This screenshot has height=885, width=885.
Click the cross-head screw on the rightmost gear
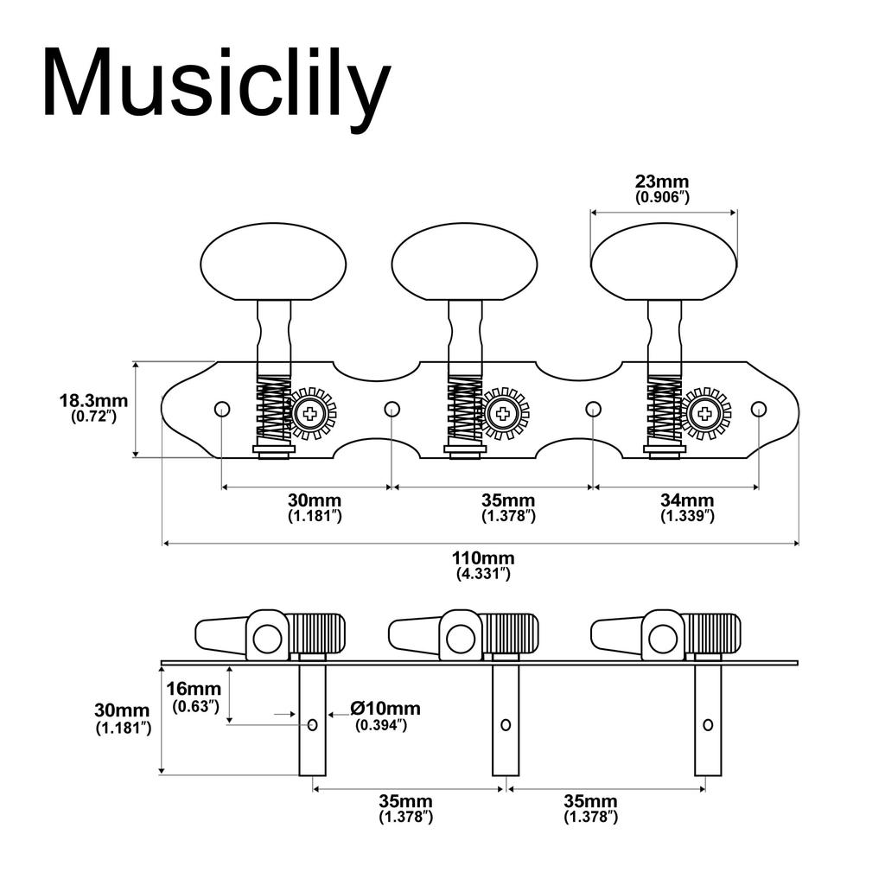pyautogui.click(x=705, y=413)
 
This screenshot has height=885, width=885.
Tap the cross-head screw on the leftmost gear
pyautogui.click(x=309, y=413)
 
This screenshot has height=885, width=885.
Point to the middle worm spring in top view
pyautogui.click(x=465, y=411)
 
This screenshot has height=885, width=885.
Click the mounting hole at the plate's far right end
pyautogui.click(x=758, y=409)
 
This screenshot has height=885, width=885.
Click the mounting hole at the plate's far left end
pyautogui.click(x=222, y=409)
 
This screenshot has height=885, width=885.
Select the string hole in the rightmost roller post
pyautogui.click(x=708, y=724)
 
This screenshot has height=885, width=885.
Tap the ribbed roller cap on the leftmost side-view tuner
pyautogui.click(x=316, y=634)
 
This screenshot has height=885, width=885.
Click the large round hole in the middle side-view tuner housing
pyautogui.click(x=461, y=640)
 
